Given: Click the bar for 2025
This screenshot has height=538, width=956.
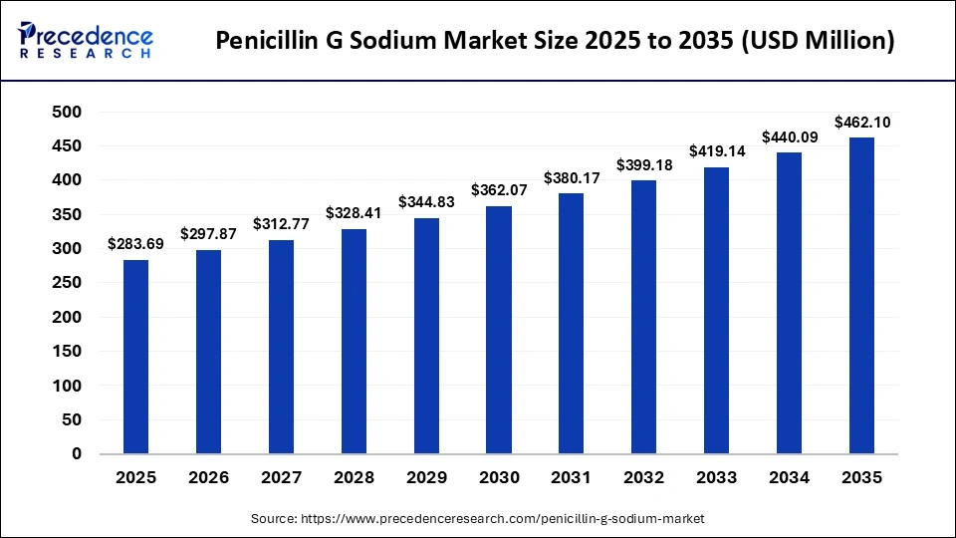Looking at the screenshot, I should pyautogui.click(x=135, y=357).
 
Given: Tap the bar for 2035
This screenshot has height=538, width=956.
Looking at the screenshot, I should pyautogui.click(x=862, y=296).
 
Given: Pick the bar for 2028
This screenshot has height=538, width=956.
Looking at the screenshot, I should pyautogui.click(x=354, y=342).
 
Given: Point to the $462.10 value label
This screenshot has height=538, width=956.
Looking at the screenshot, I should pyautogui.click(x=862, y=123).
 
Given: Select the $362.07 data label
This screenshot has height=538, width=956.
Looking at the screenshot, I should pyautogui.click(x=499, y=191).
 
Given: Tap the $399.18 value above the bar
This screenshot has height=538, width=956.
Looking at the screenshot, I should pyautogui.click(x=644, y=165).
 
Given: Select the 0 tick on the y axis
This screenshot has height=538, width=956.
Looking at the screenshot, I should pyautogui.click(x=77, y=454).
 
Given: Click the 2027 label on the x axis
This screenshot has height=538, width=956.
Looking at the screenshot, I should pyautogui.click(x=281, y=478).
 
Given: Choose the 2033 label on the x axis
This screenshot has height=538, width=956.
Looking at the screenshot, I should pyautogui.click(x=717, y=478).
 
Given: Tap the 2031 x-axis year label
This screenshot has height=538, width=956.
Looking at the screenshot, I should pyautogui.click(x=572, y=478).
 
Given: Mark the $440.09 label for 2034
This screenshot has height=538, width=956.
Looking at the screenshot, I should pyautogui.click(x=790, y=137).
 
